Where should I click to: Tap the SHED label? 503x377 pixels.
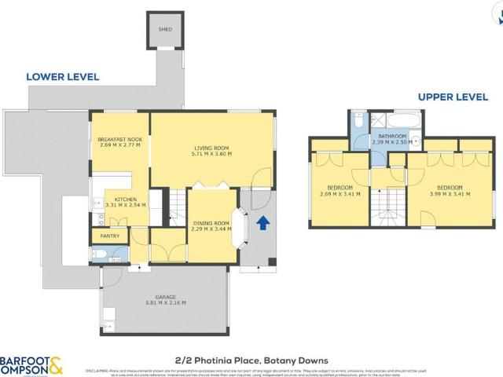coord(165,30)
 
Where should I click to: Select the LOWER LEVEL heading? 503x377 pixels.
coord(62,77)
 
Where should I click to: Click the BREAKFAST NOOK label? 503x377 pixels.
coord(118,139)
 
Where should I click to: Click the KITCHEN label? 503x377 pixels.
coord(126,199)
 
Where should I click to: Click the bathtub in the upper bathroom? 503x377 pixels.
coord(400,121)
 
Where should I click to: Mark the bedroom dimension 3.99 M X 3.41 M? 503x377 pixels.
coord(450,193)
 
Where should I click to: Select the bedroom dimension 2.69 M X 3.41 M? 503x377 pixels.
coord(340,193)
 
